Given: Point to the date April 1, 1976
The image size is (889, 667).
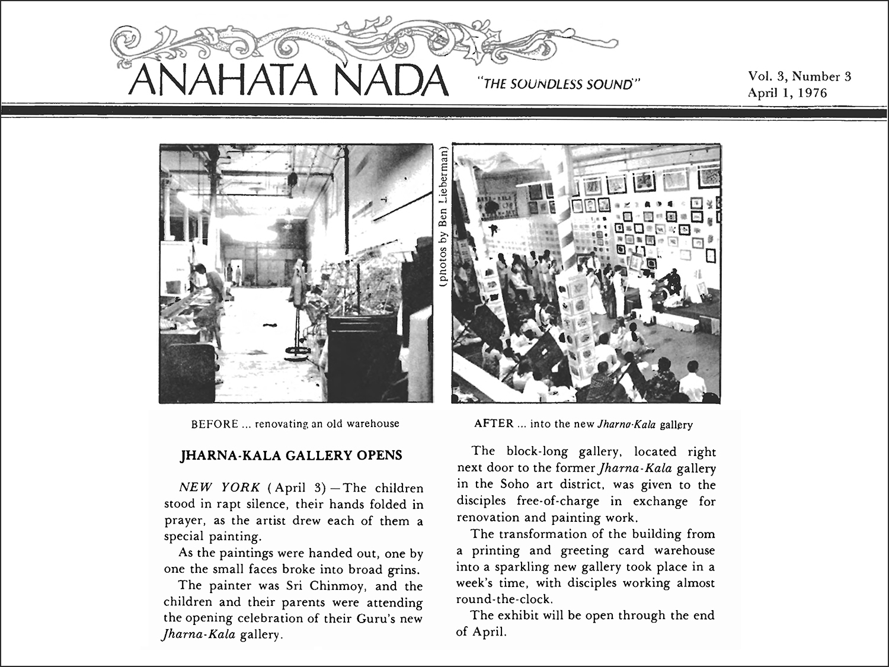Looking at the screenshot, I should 786,92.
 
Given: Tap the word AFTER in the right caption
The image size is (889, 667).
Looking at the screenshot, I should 493,424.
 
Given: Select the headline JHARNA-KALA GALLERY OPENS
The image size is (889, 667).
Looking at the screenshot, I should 290,456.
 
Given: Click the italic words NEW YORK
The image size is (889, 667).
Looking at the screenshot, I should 219,488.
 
